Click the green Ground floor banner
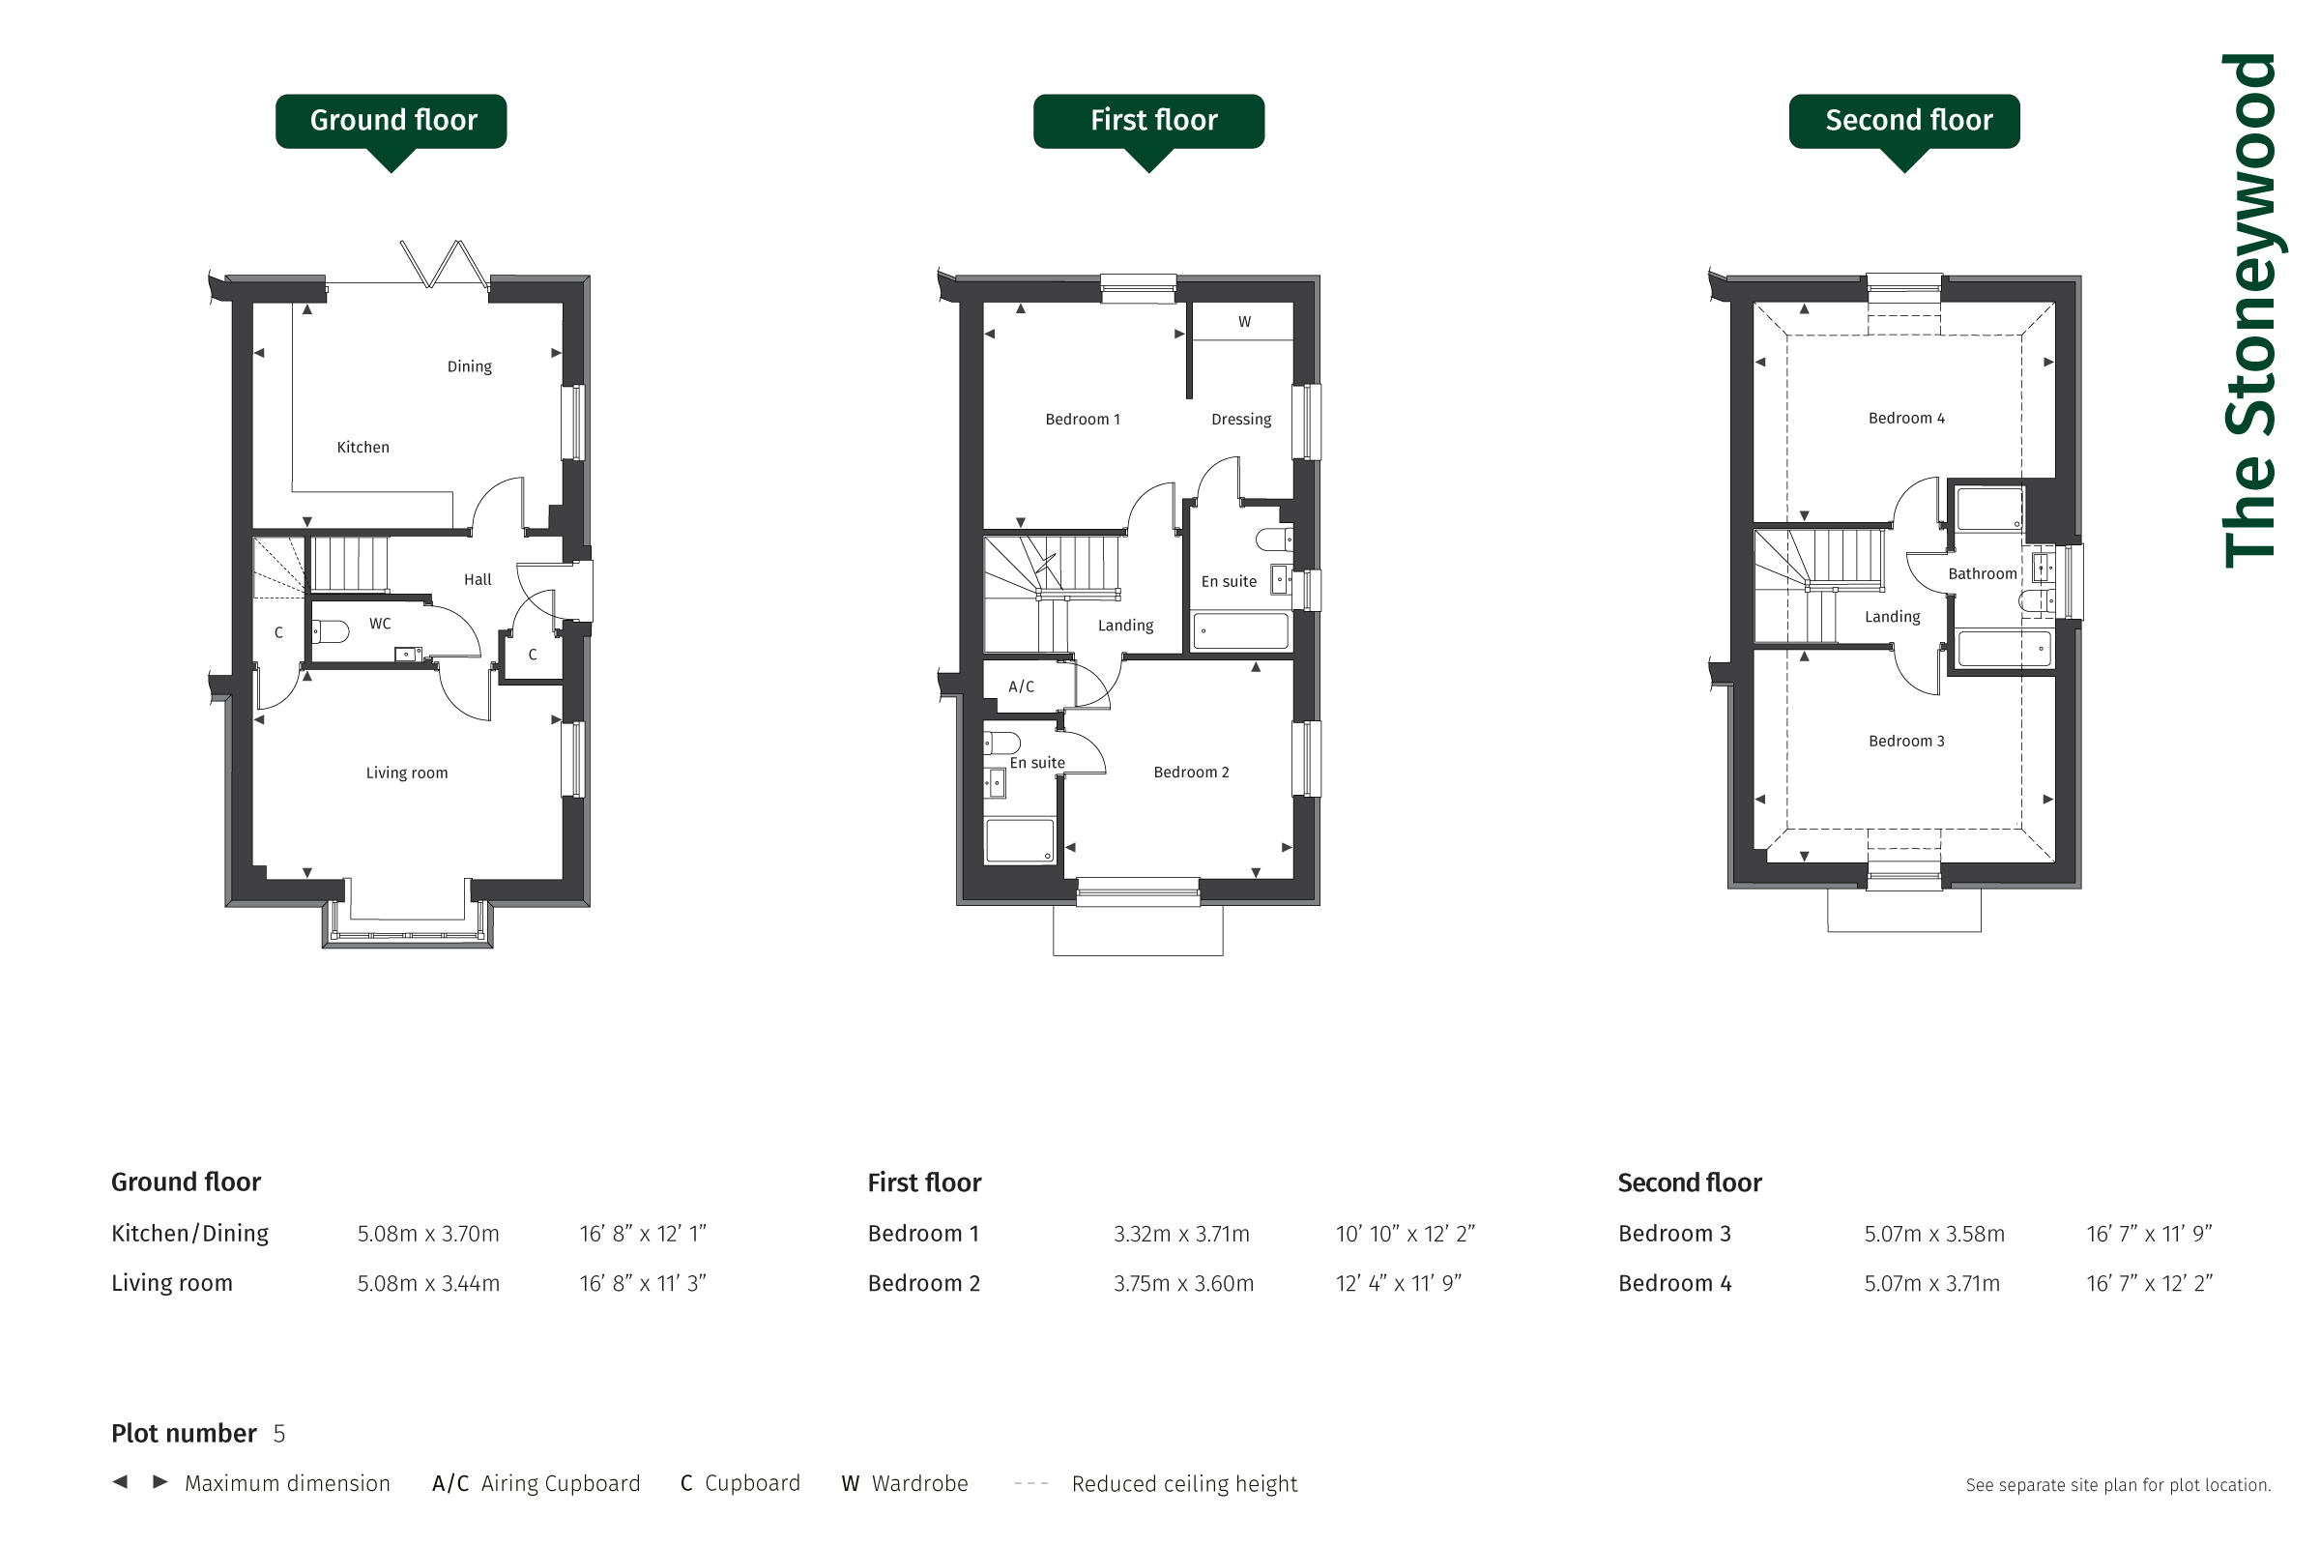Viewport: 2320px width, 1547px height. tap(391, 123)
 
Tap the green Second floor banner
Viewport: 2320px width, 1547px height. tap(1904, 123)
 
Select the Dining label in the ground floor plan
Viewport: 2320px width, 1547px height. tap(470, 366)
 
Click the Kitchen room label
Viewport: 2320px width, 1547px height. tap(363, 447)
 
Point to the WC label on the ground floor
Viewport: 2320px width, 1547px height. tap(380, 624)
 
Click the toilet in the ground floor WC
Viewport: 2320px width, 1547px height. tap(331, 630)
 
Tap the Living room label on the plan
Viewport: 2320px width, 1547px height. tap(406, 773)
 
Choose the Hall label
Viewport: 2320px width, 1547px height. tap(478, 579)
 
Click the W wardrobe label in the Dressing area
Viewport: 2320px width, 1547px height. tap(1245, 322)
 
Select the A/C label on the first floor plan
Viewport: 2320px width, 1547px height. tap(1021, 686)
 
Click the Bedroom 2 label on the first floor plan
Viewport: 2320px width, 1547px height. tap(1192, 772)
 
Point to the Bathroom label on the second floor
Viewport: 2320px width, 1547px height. tap(1982, 573)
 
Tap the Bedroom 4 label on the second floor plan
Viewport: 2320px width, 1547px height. tap(1906, 419)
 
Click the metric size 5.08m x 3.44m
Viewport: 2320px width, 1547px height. tap(428, 1283)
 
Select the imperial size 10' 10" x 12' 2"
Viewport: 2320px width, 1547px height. tap(1405, 1234)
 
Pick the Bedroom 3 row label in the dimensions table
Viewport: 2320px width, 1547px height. tap(1674, 1234)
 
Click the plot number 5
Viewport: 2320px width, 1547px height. tap(279, 1434)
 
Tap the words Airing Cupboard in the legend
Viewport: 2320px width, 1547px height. tap(561, 1484)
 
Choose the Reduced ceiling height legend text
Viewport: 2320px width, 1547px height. tap(1185, 1484)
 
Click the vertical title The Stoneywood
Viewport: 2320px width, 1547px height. tap(2250, 309)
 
